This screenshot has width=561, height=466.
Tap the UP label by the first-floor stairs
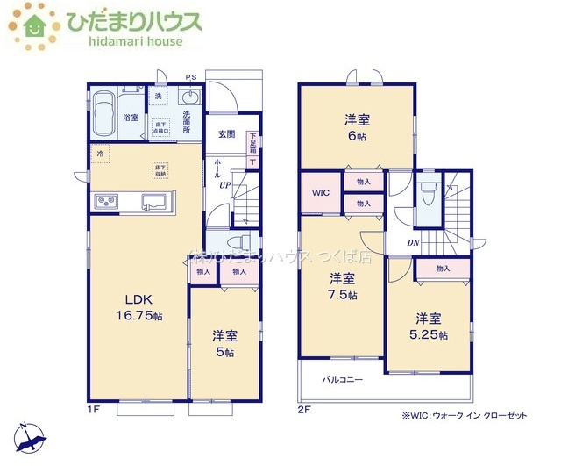[x=224, y=185]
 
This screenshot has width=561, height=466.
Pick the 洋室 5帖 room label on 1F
[x=225, y=343]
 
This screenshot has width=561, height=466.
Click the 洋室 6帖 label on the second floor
[x=355, y=127]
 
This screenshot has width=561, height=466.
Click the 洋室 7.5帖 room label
[x=343, y=287]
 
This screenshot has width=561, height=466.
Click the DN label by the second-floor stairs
[x=412, y=244]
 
